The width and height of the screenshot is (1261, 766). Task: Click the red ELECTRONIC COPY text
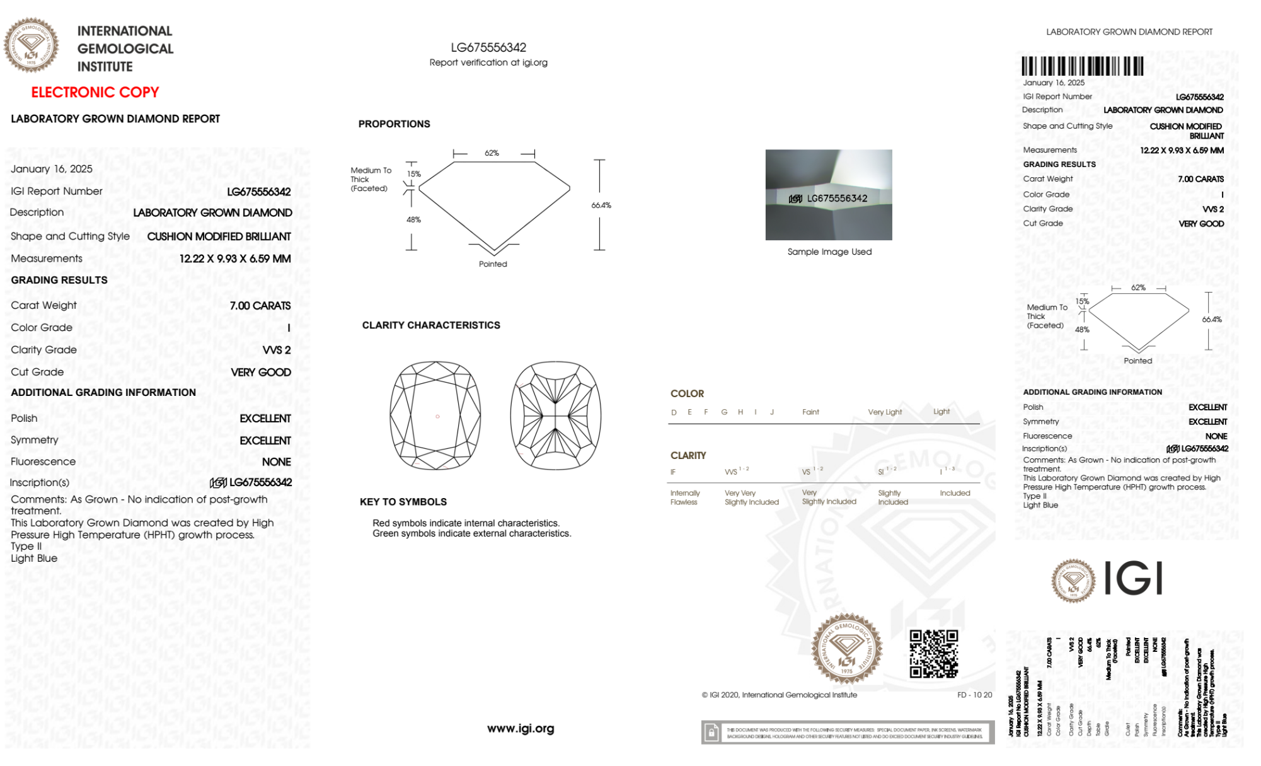[x=95, y=92]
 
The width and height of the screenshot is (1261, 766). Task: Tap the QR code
[x=933, y=654]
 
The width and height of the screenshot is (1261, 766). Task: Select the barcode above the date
[x=1082, y=66]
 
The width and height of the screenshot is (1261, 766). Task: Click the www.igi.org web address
[x=521, y=728]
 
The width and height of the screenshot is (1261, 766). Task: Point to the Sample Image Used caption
[x=829, y=252]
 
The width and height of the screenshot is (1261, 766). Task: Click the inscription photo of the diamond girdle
[x=829, y=195]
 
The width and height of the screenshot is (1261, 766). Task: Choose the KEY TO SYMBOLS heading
[x=403, y=502]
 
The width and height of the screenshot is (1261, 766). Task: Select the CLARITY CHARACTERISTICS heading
[x=431, y=325]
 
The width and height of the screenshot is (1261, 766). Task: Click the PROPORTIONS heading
[x=394, y=124]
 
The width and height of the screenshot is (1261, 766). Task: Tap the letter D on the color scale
[x=674, y=412]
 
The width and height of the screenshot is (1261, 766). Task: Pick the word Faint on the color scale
[x=810, y=412]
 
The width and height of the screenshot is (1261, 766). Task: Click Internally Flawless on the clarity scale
[x=684, y=497]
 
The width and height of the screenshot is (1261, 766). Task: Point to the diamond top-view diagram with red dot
[x=435, y=415]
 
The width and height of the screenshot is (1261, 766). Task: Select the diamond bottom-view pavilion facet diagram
[x=555, y=415]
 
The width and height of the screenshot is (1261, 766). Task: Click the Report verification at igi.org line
[x=488, y=62]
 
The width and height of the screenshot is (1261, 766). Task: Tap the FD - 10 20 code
[x=974, y=695]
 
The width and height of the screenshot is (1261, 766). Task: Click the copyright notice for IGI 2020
[x=780, y=695]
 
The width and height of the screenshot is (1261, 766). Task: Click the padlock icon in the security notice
[x=711, y=733]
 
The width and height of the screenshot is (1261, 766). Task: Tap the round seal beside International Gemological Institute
[x=32, y=45]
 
